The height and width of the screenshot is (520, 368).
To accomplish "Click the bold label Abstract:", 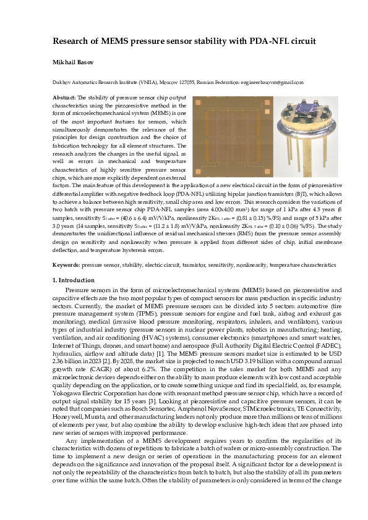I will point(64,98).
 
